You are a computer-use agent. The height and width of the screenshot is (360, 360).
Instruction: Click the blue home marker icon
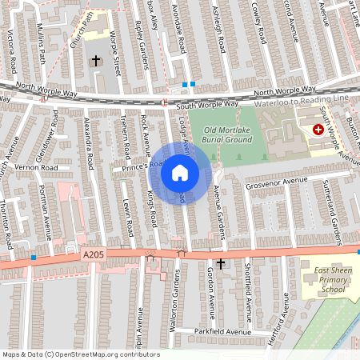[180, 173]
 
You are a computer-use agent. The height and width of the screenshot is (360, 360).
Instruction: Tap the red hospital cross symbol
[318, 129]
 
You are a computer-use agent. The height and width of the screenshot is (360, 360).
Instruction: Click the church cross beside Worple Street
[96, 60]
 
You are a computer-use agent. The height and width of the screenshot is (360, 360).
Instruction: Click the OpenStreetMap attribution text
[80, 354]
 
